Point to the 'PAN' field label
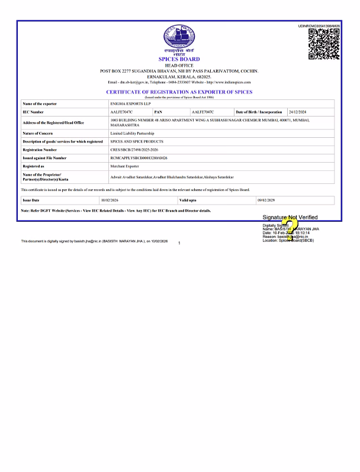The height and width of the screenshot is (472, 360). (158, 112)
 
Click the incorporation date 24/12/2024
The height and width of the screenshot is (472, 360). (298, 112)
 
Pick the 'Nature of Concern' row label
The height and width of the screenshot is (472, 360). (38, 134)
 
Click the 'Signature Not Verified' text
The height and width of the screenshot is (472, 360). (290, 218)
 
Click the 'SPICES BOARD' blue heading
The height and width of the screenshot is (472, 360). (179, 60)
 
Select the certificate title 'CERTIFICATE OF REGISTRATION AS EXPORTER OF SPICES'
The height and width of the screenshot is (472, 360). (179, 92)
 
